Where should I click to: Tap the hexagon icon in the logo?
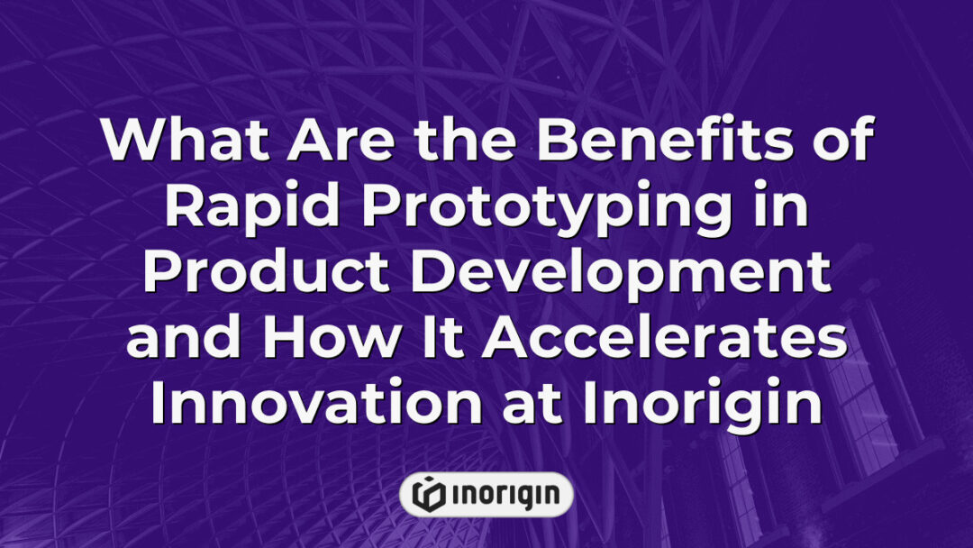pos(428,494)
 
